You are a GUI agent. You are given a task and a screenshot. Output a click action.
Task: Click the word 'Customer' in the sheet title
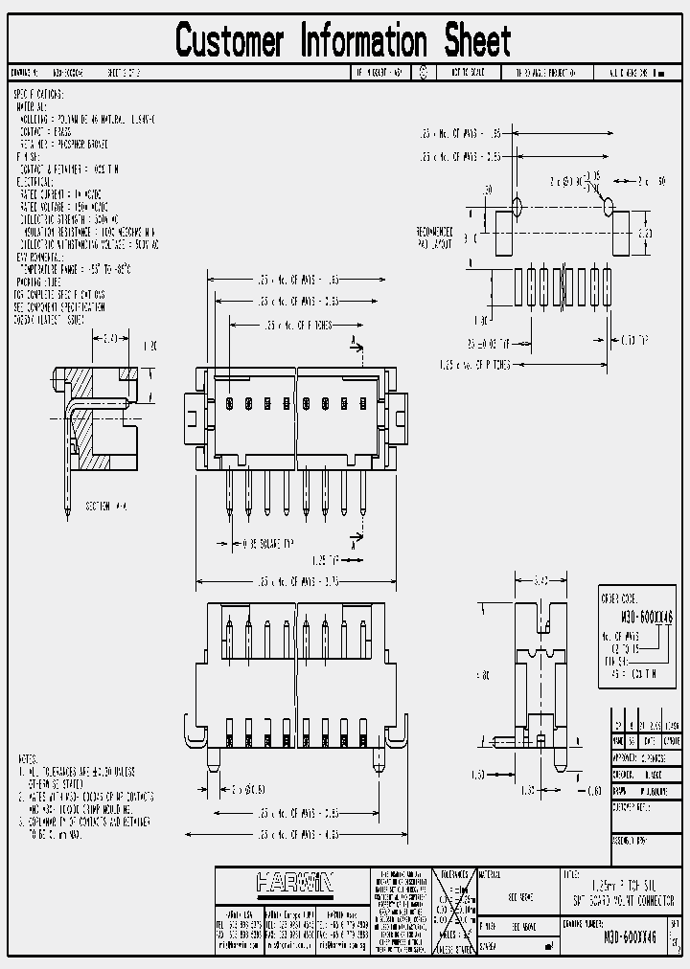(230, 41)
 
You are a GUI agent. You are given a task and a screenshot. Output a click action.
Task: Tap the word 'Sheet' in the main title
(476, 41)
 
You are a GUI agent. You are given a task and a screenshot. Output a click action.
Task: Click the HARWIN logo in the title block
(294, 882)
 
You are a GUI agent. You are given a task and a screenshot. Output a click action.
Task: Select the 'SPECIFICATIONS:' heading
(38, 95)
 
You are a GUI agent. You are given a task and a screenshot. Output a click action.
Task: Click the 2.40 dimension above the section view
(110, 337)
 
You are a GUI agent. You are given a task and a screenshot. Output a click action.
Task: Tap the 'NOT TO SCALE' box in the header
(467, 72)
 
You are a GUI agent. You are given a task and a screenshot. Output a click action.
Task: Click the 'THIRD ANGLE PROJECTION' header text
(546, 72)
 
